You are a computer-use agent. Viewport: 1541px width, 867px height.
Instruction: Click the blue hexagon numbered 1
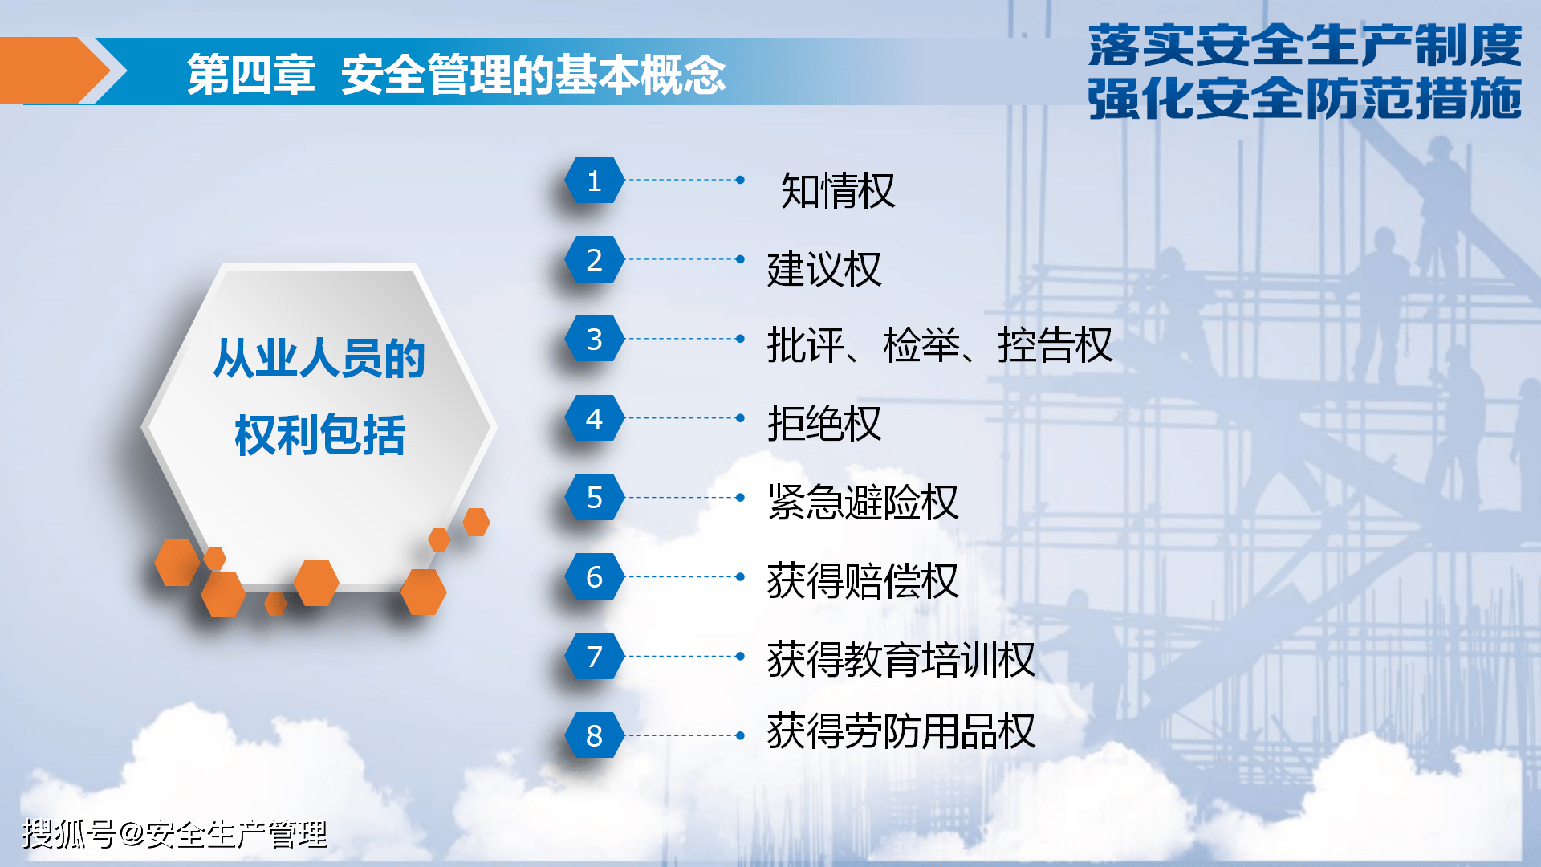point(594,180)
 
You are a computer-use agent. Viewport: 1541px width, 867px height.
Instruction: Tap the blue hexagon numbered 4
point(594,418)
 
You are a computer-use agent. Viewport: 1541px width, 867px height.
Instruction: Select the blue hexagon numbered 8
point(594,735)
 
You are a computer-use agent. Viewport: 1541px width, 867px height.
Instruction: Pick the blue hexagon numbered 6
point(594,576)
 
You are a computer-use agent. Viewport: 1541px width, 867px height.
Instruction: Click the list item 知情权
point(838,191)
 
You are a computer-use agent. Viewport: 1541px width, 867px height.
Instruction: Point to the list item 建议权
point(824,269)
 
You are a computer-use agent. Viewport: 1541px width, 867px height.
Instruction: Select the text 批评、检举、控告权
point(940,345)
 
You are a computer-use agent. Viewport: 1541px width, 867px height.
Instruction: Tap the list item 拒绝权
point(824,423)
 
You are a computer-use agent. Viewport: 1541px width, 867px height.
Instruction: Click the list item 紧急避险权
point(863,502)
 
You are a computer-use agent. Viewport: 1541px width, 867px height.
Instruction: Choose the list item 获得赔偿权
point(863,580)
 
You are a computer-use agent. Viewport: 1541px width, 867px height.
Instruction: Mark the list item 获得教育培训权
point(901,659)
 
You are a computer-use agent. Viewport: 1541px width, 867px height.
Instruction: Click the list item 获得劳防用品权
point(901,731)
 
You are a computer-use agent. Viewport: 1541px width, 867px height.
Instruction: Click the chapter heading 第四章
point(250,75)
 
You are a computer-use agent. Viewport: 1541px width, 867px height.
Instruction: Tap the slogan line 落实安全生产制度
point(1305,46)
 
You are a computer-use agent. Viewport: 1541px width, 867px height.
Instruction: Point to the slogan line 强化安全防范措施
point(1305,99)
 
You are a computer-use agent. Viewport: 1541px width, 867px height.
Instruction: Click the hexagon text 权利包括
point(319,436)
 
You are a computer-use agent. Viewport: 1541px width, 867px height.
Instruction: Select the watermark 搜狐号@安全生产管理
point(175,834)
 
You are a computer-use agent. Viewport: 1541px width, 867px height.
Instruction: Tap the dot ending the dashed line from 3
point(740,339)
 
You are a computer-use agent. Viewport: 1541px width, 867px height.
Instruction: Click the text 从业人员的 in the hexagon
point(319,358)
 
